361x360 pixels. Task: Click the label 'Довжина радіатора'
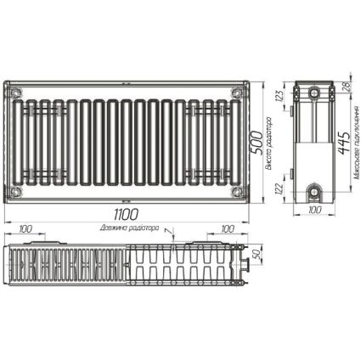[x=128, y=229]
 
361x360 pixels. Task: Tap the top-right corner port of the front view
[x=241, y=87]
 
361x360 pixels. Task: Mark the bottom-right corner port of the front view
[x=241, y=193]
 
